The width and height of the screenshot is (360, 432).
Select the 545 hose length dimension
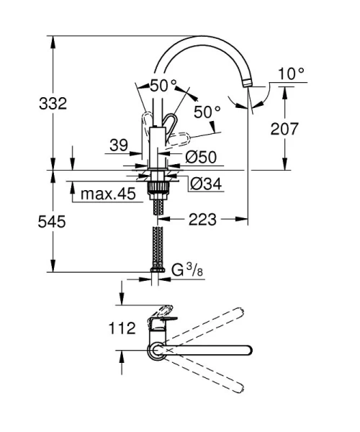(53, 222)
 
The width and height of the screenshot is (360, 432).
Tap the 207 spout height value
(287, 129)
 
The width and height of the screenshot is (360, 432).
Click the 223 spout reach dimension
(202, 220)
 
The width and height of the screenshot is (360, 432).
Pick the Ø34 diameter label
(206, 184)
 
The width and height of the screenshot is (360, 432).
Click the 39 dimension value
(119, 145)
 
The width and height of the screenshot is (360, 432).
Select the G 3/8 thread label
(186, 271)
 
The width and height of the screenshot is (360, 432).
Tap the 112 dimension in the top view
(122, 328)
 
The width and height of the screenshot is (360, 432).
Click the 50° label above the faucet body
(163, 84)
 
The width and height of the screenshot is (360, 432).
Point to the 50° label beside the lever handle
(207, 112)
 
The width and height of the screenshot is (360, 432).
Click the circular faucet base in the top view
(156, 351)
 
